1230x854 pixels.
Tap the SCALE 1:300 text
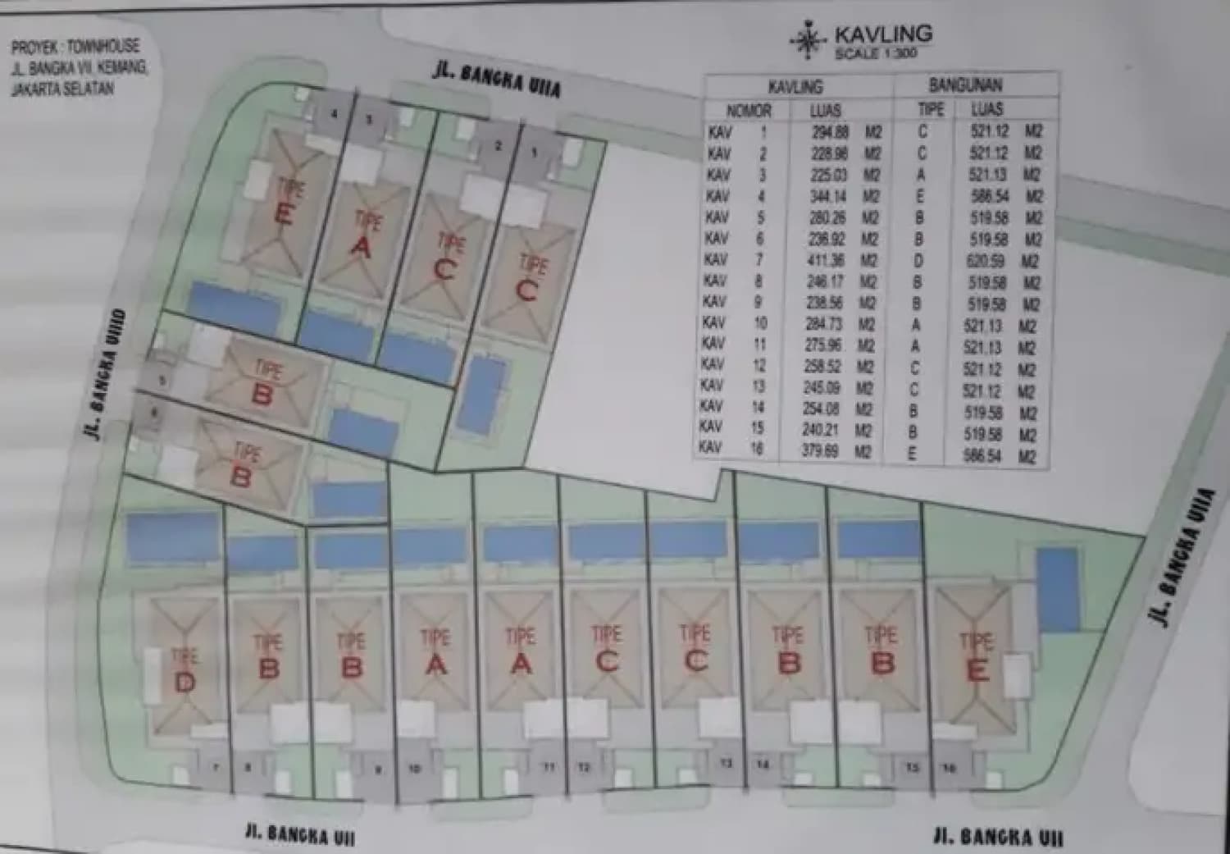click(x=875, y=53)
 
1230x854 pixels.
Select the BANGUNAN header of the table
click(x=965, y=85)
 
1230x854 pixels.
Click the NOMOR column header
click(x=749, y=110)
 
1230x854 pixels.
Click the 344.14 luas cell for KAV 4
click(x=827, y=196)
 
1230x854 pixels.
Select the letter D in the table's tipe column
click(x=918, y=261)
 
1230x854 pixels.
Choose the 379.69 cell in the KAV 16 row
click(x=820, y=450)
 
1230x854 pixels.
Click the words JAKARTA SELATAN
click(x=62, y=88)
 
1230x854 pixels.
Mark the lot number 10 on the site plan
click(x=414, y=769)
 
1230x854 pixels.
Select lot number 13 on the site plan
click(x=726, y=764)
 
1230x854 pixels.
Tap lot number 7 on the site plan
click(x=216, y=768)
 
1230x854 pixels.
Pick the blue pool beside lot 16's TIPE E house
click(x=1057, y=589)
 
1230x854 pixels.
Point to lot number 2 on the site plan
click(x=498, y=147)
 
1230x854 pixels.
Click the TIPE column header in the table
click(x=932, y=109)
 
